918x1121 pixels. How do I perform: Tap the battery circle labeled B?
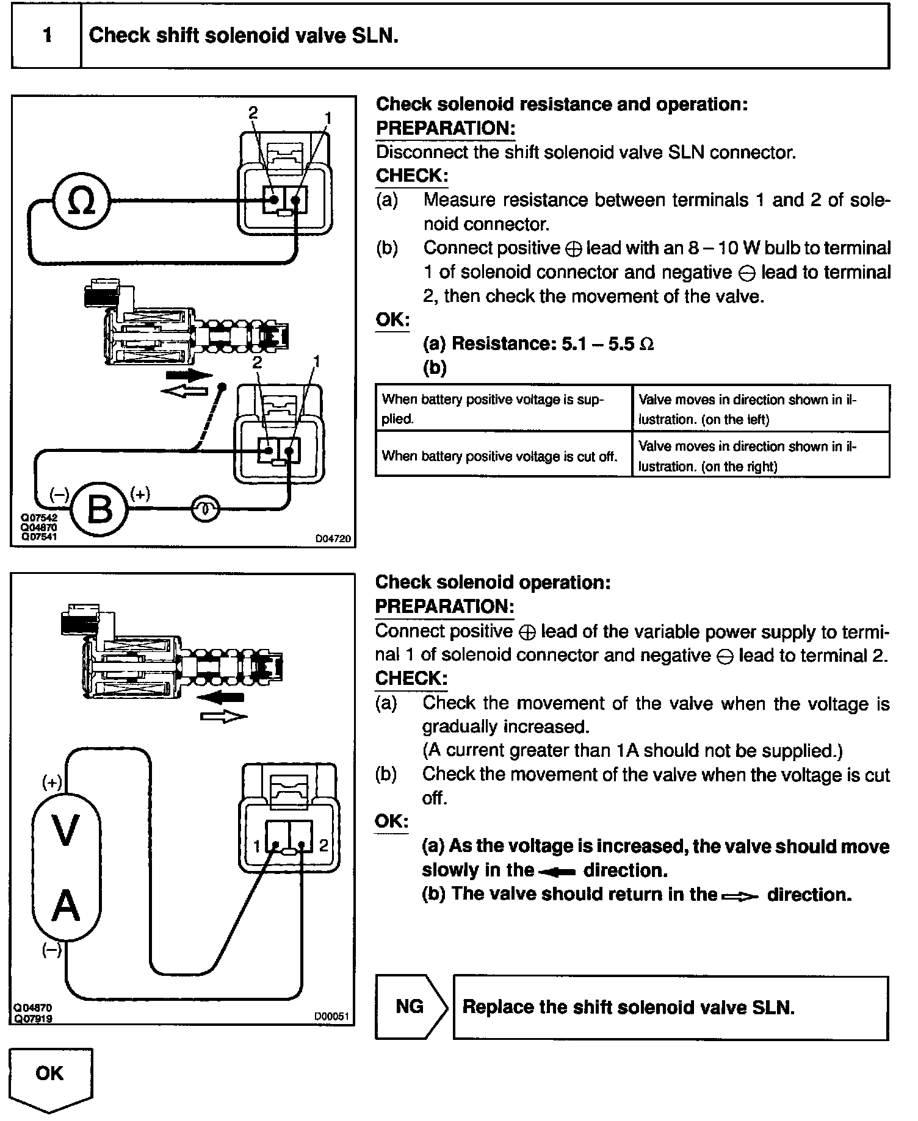tap(100, 510)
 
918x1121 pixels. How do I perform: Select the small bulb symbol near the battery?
tap(205, 509)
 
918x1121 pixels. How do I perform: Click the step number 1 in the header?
tap(47, 35)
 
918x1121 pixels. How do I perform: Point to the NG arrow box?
tap(410, 1007)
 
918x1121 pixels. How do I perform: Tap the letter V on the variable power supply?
tap(66, 831)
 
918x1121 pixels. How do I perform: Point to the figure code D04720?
tap(333, 539)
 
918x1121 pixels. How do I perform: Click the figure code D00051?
tap(331, 1017)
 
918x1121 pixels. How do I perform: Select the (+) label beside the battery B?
tap(140, 493)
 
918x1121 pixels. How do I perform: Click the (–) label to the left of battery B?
tap(59, 495)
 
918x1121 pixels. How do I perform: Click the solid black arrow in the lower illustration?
tap(222, 697)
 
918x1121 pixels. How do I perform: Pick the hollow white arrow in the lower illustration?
tap(223, 717)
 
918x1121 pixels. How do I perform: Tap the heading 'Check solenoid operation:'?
tap(493, 582)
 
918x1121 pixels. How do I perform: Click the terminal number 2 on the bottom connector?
tap(323, 845)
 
